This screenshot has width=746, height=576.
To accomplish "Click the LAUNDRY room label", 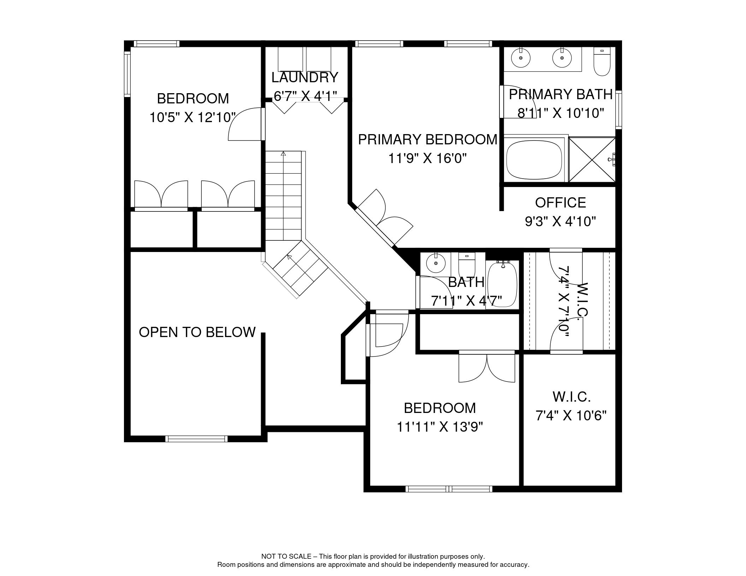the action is pyautogui.click(x=304, y=77).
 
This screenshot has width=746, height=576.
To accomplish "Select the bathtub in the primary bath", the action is pyautogui.click(x=534, y=159).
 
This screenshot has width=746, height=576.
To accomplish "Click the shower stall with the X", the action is pyautogui.click(x=592, y=159).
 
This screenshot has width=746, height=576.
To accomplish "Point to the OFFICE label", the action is pyautogui.click(x=560, y=203).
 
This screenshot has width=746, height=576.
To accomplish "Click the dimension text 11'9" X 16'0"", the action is pyautogui.click(x=427, y=158).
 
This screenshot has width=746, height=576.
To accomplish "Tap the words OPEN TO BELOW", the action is pyautogui.click(x=197, y=332).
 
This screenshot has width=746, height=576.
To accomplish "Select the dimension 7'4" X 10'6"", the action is pyautogui.click(x=571, y=416).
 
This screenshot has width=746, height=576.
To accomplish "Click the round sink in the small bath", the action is pyautogui.click(x=436, y=263).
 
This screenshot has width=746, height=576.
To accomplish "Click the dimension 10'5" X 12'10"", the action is pyautogui.click(x=193, y=117).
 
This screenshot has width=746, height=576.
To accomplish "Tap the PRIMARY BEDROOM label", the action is pyautogui.click(x=427, y=139).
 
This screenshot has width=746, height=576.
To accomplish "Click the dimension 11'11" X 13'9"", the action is pyautogui.click(x=440, y=427).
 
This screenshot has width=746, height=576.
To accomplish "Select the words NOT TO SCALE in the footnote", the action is pyautogui.click(x=286, y=556).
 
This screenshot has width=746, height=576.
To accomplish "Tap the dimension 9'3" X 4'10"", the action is pyautogui.click(x=560, y=221).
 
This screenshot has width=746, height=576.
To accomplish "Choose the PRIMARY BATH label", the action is pyautogui.click(x=561, y=94).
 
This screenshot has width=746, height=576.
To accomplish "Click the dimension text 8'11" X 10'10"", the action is pyautogui.click(x=561, y=113).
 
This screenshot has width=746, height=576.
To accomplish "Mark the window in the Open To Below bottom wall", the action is pyautogui.click(x=196, y=439).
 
